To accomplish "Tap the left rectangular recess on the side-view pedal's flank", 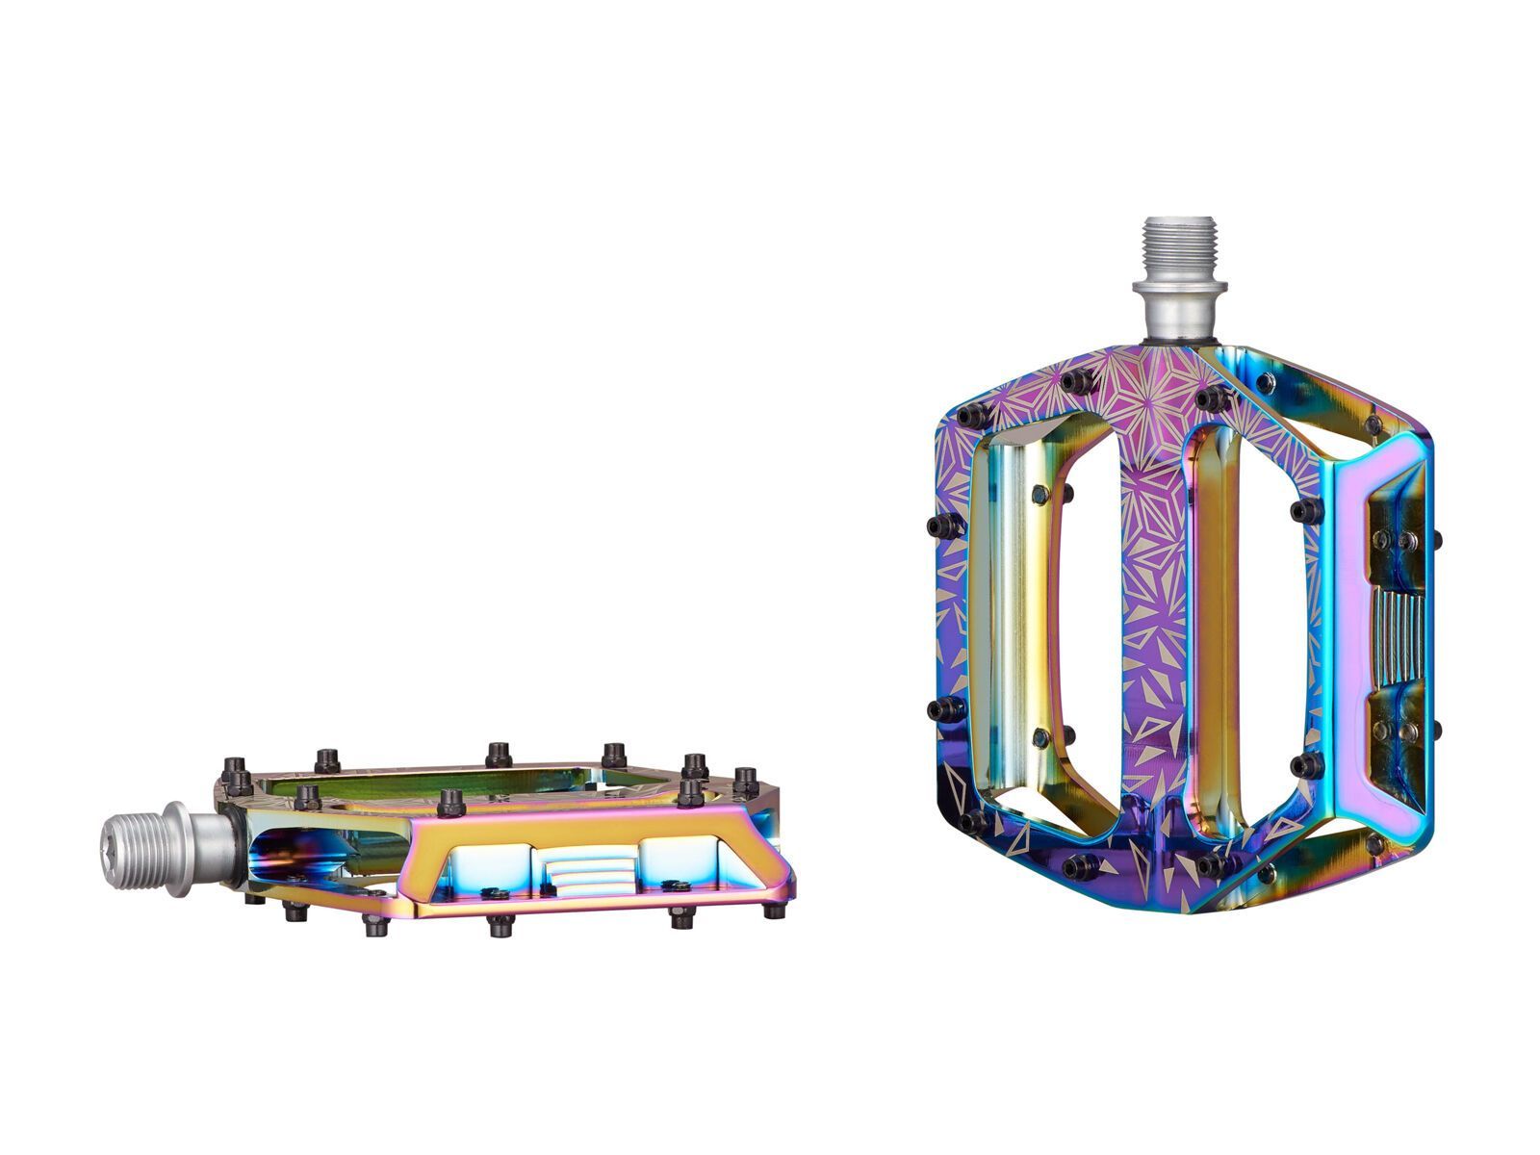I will [x=493, y=862].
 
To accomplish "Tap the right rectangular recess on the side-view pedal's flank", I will [x=678, y=860].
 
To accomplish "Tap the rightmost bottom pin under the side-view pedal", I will [x=773, y=910].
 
